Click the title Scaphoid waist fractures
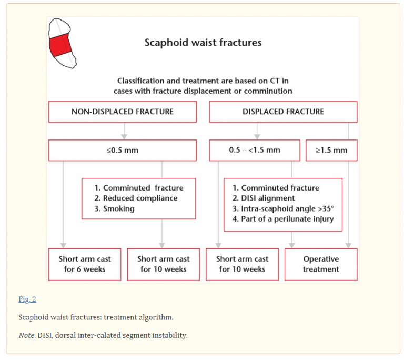click(x=203, y=42)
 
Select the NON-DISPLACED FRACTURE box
click(x=123, y=112)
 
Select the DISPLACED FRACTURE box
click(x=283, y=112)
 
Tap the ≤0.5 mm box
click(x=123, y=150)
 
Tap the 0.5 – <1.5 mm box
click(x=255, y=150)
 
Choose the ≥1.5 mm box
click(x=331, y=150)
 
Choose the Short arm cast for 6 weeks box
click(x=85, y=264)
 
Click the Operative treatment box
click(x=321, y=264)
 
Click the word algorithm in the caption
click(x=157, y=317)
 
